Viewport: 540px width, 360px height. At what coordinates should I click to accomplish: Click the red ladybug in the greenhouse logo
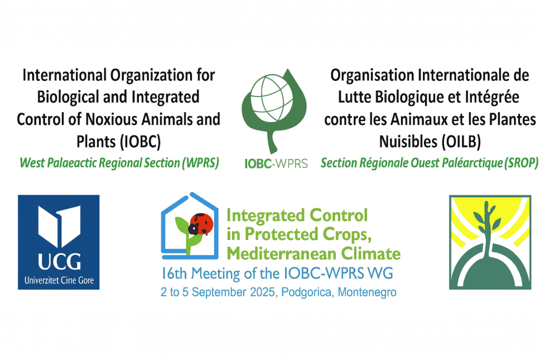point(201,224)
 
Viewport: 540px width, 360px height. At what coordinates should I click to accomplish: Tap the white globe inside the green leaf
point(272,99)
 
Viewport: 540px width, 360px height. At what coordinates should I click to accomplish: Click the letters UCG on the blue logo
point(59,262)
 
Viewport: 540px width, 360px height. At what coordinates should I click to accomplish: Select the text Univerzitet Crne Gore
point(59,280)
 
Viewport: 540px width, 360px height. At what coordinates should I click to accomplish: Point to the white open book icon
point(59,226)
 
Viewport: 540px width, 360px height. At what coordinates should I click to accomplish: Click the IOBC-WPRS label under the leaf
point(276,164)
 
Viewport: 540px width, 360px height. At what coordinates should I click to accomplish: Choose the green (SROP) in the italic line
point(521,162)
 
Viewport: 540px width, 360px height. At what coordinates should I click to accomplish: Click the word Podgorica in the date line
point(307,292)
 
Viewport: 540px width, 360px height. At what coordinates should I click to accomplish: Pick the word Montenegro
point(367,292)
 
